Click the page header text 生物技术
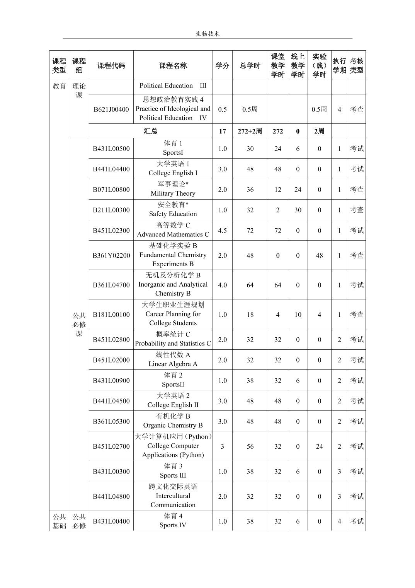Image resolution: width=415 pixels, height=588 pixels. (x=207, y=34)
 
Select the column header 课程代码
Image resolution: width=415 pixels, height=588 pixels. (x=111, y=66)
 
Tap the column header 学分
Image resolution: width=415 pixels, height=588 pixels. (x=222, y=66)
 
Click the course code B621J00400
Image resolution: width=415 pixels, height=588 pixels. (x=111, y=109)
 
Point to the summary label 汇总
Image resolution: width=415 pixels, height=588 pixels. (x=151, y=131)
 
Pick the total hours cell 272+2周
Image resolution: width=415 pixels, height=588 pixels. (x=250, y=131)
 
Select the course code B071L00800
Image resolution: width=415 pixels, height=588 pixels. (x=111, y=190)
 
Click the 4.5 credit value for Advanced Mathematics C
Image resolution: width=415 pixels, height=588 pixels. (x=222, y=231)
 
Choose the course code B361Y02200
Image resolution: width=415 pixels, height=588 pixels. (x=111, y=255)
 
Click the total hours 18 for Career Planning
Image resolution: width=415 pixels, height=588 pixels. (x=250, y=315)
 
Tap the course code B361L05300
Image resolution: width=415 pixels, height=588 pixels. (x=111, y=422)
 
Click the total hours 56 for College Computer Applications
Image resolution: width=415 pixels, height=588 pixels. (x=250, y=446)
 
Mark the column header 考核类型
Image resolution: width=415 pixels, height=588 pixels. (x=356, y=66)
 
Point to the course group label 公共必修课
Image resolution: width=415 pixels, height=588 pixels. (x=79, y=325)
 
